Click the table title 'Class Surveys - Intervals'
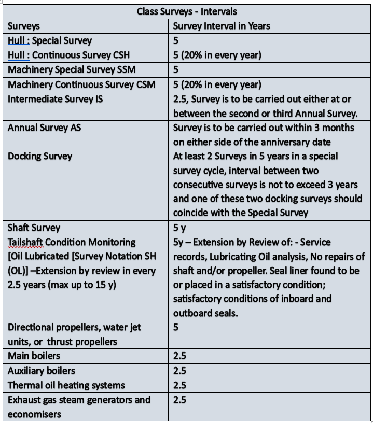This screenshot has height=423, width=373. pos(186,11)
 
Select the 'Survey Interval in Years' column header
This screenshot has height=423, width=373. pos(222,25)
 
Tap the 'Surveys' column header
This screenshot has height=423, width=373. pos(24,25)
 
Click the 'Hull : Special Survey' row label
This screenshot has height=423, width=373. pos(50,40)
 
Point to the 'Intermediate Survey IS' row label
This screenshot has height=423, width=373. pos(55,98)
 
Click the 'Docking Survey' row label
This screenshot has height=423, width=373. pos(40,157)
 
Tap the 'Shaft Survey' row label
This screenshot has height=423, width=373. pos(34,228)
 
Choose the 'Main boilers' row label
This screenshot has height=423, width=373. pos(34,356)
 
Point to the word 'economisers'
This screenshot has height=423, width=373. pos(34,414)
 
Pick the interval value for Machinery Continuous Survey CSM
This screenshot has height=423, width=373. pos(217,84)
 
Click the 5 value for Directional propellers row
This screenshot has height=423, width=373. pos(176,328)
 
